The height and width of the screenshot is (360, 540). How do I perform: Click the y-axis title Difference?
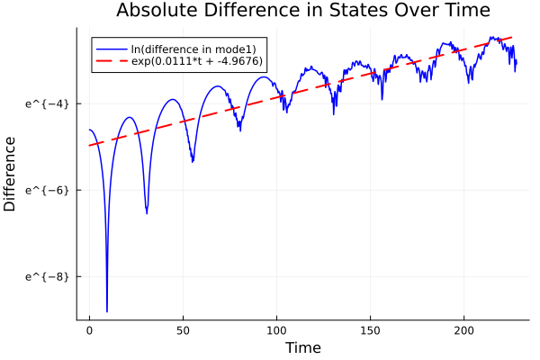11,174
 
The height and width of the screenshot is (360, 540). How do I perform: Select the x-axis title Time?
302,347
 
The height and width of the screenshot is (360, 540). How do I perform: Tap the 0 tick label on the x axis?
89,329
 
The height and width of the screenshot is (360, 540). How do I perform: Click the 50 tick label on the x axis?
183,329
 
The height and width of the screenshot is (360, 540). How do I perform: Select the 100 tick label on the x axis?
276,329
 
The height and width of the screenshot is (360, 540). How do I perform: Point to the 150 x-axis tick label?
370,329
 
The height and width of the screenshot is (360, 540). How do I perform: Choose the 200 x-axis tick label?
463,329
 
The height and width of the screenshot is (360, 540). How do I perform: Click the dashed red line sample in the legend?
112,61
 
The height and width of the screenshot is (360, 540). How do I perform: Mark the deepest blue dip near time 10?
107,310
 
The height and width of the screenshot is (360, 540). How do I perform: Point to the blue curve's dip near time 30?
147,213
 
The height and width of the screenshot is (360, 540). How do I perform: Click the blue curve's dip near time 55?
193,162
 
